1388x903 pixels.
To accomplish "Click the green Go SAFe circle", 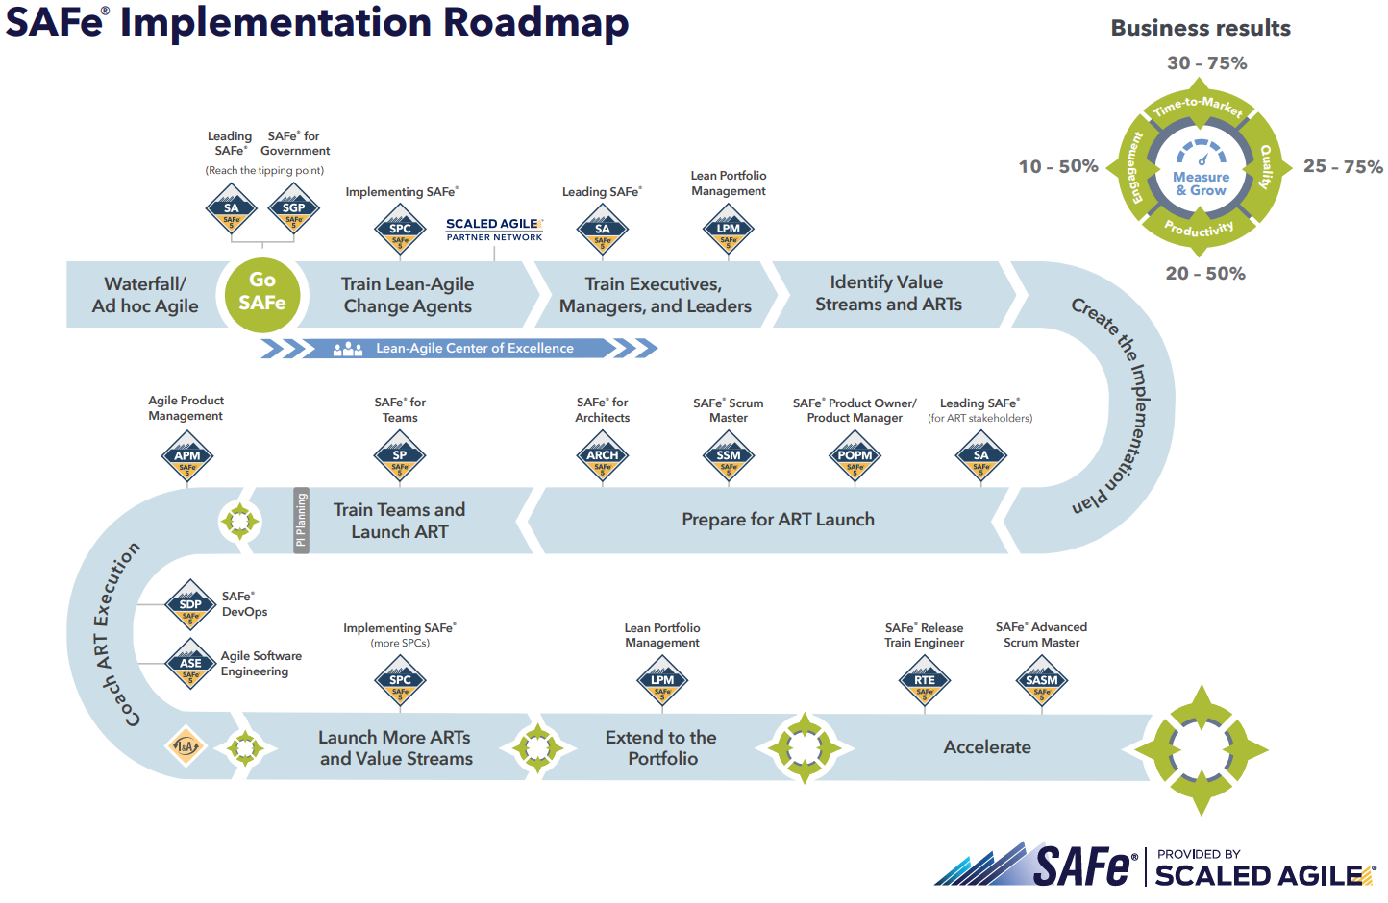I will click(261, 293).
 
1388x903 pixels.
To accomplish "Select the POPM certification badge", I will click(855, 457).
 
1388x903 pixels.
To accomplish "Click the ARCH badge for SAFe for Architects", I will click(603, 457).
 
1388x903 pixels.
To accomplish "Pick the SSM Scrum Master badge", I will click(729, 457).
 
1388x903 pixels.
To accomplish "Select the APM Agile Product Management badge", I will click(187, 457).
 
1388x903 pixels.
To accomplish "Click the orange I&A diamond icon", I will click(186, 746).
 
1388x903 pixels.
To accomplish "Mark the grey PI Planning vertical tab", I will click(301, 520).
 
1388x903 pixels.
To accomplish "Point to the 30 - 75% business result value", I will click(1206, 63).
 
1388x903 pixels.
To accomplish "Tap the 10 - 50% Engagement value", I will click(1057, 166).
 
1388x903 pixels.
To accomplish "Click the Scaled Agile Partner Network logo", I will click(494, 229).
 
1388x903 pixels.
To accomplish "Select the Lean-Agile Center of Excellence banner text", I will click(474, 348).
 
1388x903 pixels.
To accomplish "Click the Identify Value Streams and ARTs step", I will click(887, 294).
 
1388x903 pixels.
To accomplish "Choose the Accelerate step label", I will click(987, 747).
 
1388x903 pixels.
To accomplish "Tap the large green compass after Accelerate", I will click(1201, 749).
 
